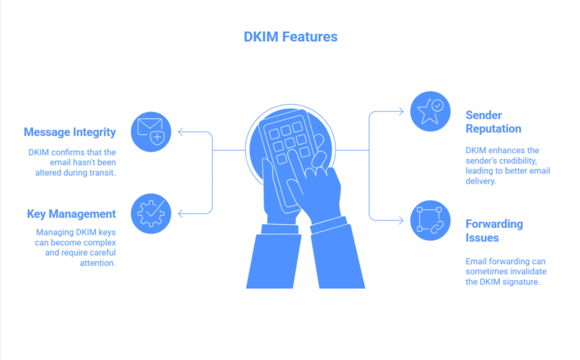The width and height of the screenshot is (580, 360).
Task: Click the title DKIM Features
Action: (290, 36)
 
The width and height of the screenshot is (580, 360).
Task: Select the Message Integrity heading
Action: (69, 132)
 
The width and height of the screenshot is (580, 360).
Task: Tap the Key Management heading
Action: (72, 214)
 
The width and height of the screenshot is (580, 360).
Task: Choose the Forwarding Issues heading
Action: (494, 231)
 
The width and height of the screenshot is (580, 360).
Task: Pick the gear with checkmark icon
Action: (151, 213)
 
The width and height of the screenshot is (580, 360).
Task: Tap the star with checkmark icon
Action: (430, 112)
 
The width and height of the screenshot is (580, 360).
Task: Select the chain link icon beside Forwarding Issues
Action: (430, 220)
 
